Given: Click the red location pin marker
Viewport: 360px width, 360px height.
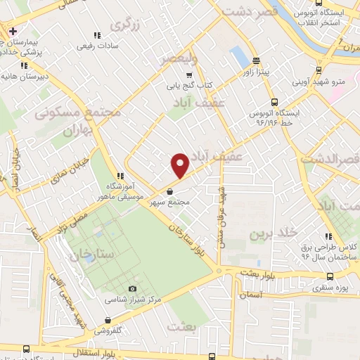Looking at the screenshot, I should click(181, 165).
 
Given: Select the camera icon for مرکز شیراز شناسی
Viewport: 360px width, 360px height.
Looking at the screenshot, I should click(132, 289).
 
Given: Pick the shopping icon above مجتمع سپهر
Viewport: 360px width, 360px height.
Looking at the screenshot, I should click(170, 190).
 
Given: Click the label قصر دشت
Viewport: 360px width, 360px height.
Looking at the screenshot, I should click(245, 11).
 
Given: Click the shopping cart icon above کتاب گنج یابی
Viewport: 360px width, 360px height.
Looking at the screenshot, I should click(188, 75).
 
